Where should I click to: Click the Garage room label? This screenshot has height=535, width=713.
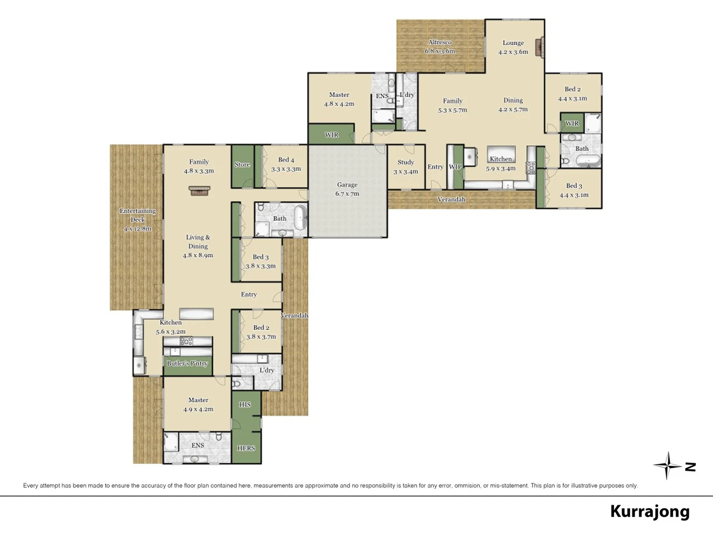pos(347,185)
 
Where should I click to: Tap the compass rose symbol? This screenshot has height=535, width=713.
pos(667,466)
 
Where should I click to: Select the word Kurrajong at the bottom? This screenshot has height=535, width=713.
pos(650,511)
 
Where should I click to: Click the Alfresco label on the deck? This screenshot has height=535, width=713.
pos(440,43)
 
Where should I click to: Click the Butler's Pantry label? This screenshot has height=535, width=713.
pos(187,363)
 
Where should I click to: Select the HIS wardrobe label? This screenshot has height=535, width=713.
pos(245,404)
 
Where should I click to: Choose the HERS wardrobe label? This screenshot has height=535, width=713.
pos(246,448)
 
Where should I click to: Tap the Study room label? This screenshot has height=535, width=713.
pos(406,162)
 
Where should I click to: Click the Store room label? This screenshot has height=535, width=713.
pos(242,164)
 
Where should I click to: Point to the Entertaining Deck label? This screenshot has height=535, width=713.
pos(138,215)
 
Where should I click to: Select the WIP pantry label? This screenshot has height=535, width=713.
pos(455,167)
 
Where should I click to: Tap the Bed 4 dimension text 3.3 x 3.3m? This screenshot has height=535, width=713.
pos(286,169)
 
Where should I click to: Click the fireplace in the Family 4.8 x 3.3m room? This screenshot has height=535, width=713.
pos(200,191)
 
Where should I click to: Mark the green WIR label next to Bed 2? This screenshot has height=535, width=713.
pos(572,123)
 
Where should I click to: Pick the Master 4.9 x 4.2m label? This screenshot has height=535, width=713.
pos(198,400)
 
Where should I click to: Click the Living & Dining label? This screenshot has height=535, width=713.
pos(198,242)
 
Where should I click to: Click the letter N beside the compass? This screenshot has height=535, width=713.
pos(690,467)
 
